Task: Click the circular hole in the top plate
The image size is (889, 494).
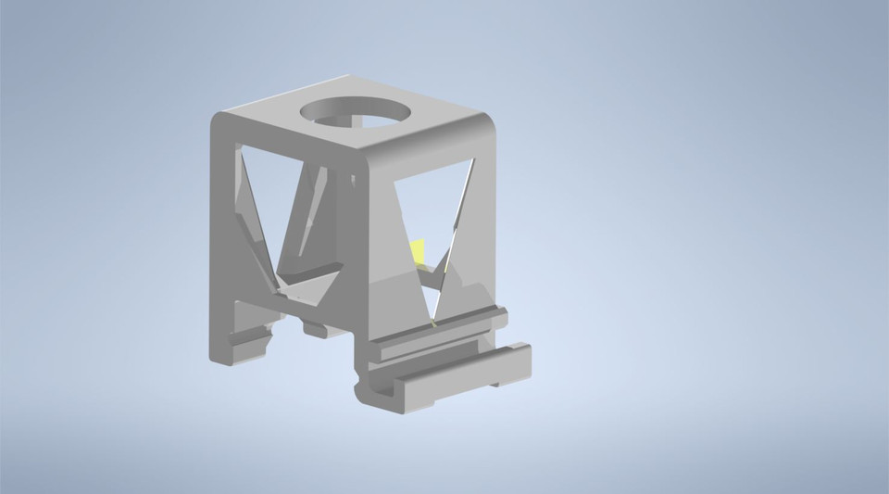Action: coord(356,115)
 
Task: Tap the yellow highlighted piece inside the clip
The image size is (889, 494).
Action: coord(419,250)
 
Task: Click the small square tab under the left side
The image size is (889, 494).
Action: coord(315,328)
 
